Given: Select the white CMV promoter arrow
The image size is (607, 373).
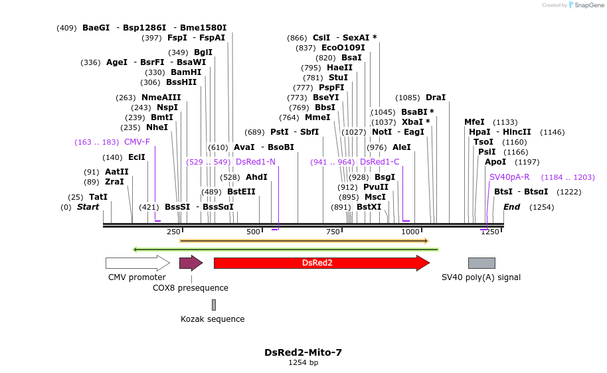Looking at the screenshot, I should point(137,263).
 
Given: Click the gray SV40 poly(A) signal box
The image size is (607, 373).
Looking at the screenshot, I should point(481,263).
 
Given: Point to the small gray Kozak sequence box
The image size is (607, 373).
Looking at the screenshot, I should point(214,305).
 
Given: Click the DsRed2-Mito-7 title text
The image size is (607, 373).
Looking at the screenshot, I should point(303,352).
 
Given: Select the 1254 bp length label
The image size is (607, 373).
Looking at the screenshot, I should point(303,363).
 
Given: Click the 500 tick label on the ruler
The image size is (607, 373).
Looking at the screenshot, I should point(253,232).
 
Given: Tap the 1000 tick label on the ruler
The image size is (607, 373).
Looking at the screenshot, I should point(410,232).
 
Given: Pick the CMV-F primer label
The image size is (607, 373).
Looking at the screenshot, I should point(137,142).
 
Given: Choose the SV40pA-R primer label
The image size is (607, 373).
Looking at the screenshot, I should point(509,177).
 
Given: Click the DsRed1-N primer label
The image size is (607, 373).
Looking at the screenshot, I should point(255,162).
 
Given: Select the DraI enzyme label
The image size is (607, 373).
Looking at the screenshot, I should point(436,98).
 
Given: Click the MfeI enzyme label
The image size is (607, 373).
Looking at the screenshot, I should point(474,122).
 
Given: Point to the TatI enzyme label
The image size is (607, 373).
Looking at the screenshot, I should point(98,197).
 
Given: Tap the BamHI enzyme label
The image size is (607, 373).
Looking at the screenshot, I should point(186,72).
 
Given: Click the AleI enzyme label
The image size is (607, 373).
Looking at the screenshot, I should point(402,147).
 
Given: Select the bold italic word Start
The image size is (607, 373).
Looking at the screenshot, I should point(88,207).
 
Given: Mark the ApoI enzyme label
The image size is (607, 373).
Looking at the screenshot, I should point(495,162).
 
